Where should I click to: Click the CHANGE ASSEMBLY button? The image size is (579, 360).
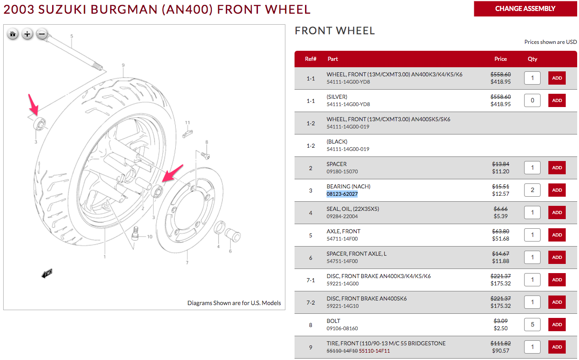(x=525, y=9)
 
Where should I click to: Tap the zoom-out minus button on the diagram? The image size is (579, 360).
(x=42, y=34)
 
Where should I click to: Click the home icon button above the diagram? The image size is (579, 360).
(x=13, y=34)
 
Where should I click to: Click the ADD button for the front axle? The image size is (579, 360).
(x=557, y=235)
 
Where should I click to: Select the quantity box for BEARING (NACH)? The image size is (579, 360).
(x=532, y=190)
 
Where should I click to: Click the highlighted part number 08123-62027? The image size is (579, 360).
(x=342, y=194)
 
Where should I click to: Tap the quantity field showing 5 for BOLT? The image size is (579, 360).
(x=532, y=325)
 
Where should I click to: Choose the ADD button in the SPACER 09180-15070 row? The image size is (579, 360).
(x=557, y=168)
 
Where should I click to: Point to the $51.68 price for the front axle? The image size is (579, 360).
(x=500, y=239)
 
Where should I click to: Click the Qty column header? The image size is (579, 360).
(x=532, y=59)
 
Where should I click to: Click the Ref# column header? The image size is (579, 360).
(x=311, y=59)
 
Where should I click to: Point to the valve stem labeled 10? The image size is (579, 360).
(x=136, y=234)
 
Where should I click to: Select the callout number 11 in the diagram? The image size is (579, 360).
(x=188, y=123)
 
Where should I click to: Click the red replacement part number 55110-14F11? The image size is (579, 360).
(x=375, y=351)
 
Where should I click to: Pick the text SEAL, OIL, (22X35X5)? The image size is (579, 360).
(x=353, y=209)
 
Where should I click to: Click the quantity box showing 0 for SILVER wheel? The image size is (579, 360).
(x=532, y=101)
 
